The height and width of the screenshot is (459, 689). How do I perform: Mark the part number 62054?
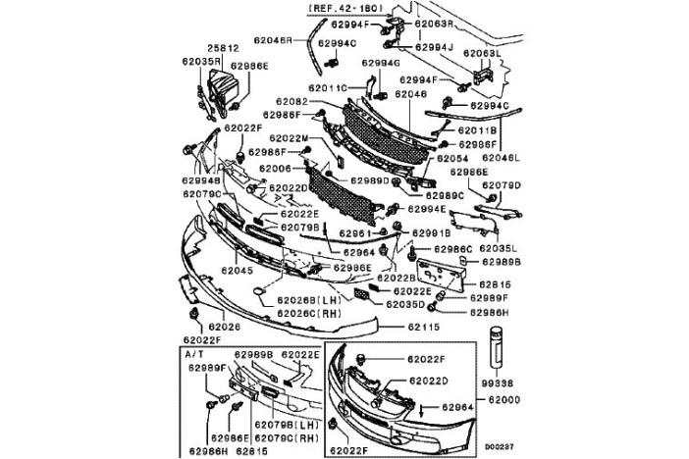coord(452,158)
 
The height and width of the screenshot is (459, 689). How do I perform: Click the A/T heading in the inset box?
coord(193,351)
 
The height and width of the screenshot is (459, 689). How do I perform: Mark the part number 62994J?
coord(434,46)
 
